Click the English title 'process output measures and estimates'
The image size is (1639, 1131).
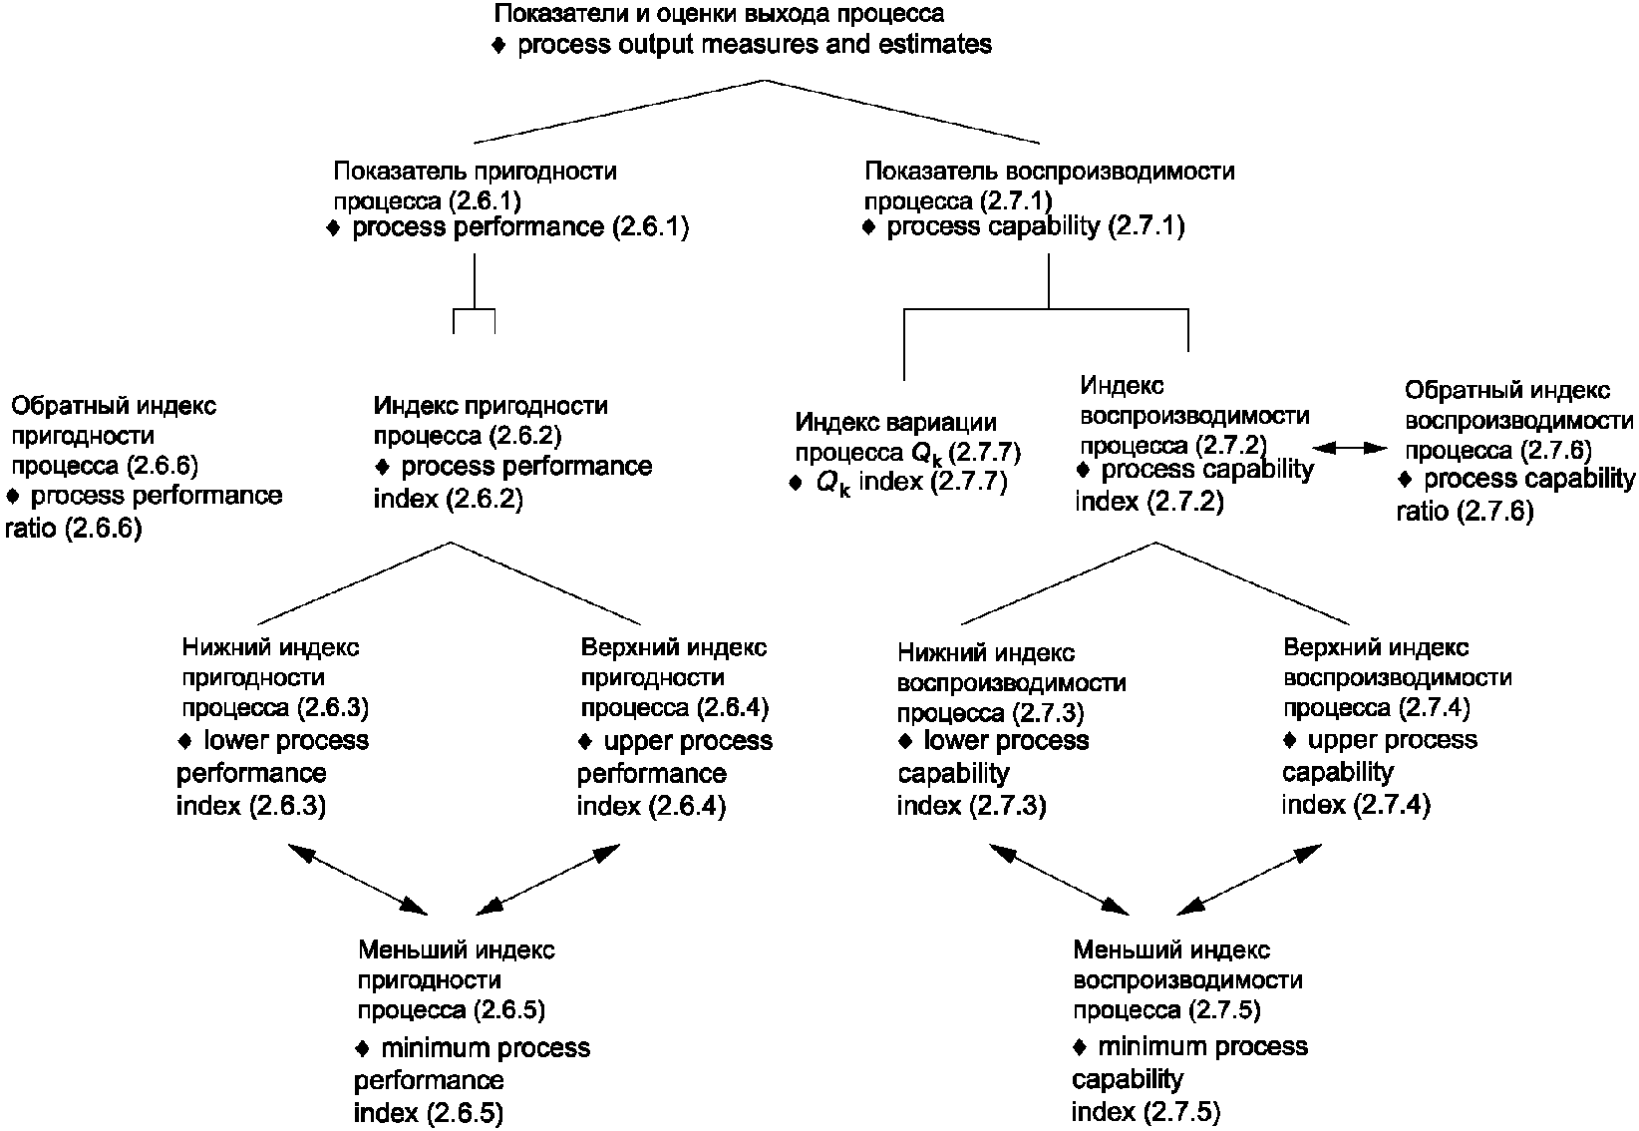(x=754, y=45)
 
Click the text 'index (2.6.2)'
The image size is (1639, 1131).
(x=448, y=499)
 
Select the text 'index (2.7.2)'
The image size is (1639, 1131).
(x=1148, y=501)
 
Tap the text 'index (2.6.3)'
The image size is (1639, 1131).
(x=251, y=805)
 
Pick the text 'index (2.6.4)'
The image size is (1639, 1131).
(x=651, y=805)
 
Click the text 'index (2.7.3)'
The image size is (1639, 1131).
(x=971, y=805)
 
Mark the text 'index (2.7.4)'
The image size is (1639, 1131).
(x=1356, y=804)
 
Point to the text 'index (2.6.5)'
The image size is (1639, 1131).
(x=428, y=1112)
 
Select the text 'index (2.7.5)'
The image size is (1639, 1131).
(x=1146, y=1112)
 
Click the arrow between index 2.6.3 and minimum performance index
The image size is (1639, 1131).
(x=357, y=879)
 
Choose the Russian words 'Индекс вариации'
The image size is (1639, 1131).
(x=895, y=423)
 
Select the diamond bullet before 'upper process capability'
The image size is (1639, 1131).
(x=1290, y=741)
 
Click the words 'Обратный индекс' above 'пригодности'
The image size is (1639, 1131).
(x=114, y=406)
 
